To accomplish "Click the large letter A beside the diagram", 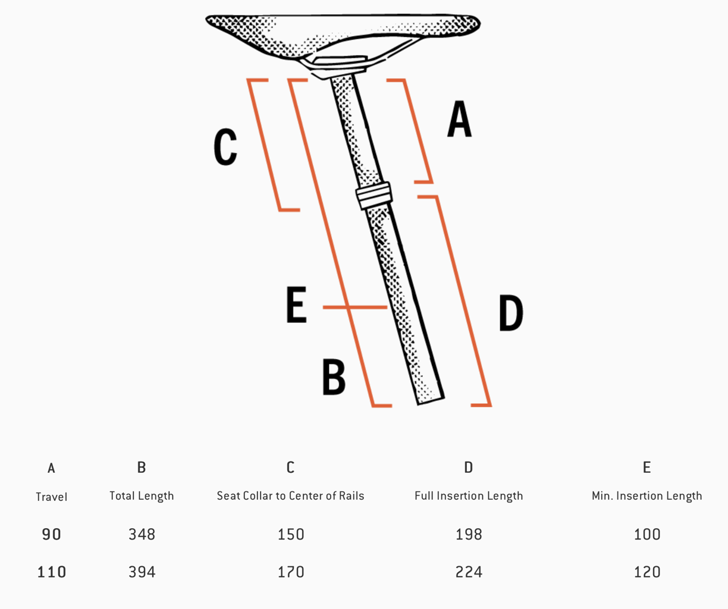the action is (460, 118).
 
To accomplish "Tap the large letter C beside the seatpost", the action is (225, 146).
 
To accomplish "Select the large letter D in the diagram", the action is (511, 312).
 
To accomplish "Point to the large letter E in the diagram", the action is (296, 304).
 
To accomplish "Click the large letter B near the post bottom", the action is (334, 376).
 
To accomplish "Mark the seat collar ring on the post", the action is (374, 195).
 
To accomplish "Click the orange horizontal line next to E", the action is (355, 307).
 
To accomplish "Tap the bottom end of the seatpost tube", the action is (431, 401).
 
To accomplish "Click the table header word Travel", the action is (52, 497).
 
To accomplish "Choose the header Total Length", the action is (142, 496).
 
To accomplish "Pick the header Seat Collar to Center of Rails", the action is (290, 496).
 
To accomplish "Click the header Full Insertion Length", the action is (469, 496).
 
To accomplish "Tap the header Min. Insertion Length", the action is (647, 496).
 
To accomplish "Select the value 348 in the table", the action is (142, 535).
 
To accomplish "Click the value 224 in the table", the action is (469, 572).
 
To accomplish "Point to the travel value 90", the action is (52, 535).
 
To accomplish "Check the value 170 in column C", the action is (291, 572).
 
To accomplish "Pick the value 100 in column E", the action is (647, 535).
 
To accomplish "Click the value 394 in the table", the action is (142, 572).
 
